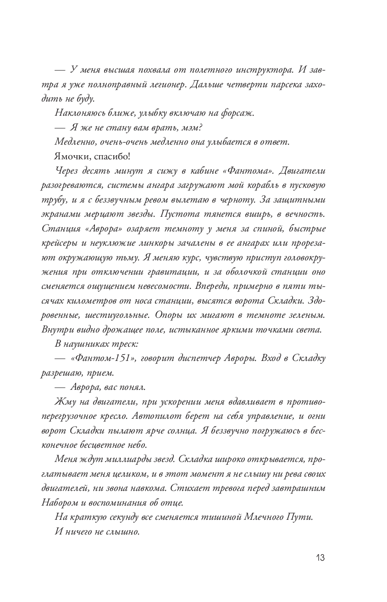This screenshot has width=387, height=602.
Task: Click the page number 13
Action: (x=320, y=558)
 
